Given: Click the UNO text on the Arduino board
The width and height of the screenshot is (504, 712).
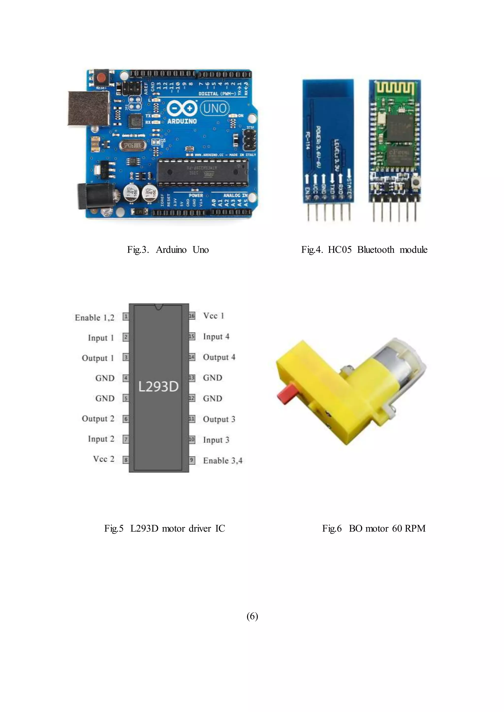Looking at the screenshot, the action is pos(215,108).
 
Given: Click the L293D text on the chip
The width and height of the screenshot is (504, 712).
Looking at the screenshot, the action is pos(158,387).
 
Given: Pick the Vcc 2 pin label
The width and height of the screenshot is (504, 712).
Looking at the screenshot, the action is pos(104,459).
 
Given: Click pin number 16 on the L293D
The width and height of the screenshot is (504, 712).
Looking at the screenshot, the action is pos(192,316).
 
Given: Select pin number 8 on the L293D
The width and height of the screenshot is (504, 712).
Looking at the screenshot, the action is pos(126,460).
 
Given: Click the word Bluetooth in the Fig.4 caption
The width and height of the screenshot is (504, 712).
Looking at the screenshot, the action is pos(376,250).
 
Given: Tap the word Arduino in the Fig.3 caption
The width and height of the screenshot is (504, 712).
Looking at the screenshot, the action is pos(171,250).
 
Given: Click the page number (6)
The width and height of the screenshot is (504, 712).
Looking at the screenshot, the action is pos(252,616).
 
